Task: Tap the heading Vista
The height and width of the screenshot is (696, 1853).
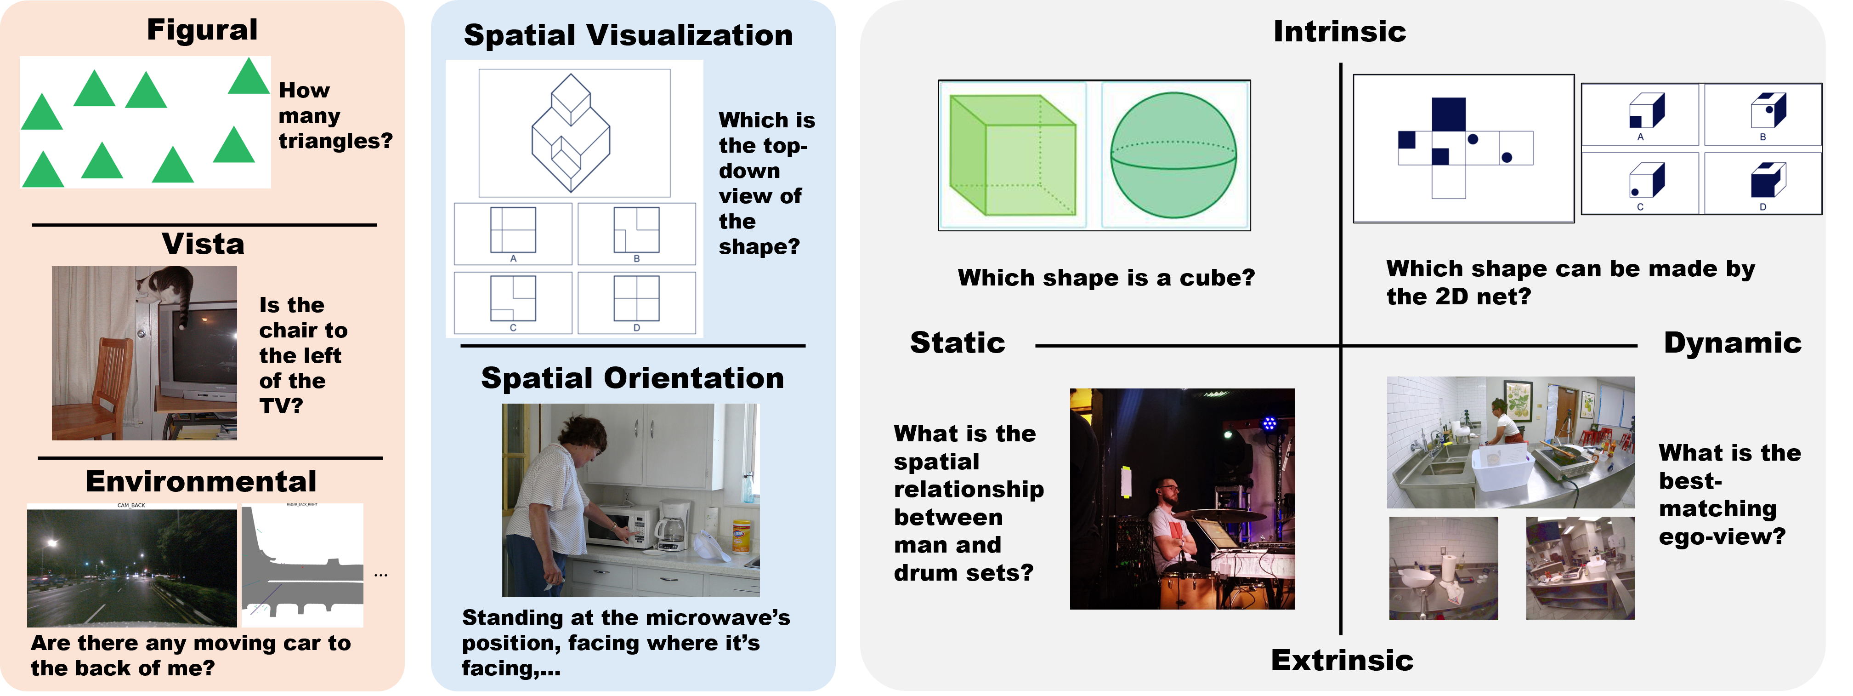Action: [203, 244]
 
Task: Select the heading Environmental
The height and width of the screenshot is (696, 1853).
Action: [201, 481]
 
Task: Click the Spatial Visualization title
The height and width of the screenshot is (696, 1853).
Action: [628, 35]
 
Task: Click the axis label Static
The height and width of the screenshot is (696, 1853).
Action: [958, 342]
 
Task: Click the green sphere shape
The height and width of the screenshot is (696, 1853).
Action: [1173, 155]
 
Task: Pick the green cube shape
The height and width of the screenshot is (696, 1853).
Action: [1013, 155]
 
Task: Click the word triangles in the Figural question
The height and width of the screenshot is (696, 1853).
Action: [335, 141]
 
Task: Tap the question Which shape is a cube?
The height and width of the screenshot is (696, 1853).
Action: [1105, 278]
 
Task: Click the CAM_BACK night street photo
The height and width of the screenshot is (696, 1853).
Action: [132, 568]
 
